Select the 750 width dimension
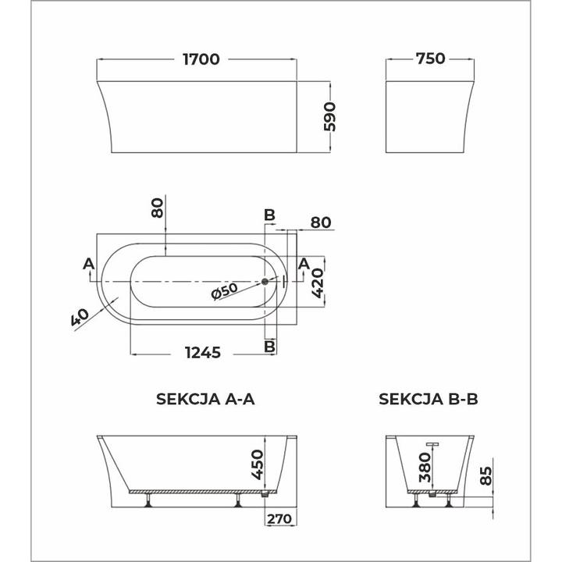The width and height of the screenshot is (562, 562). click(x=430, y=59)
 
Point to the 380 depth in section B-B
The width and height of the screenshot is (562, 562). click(x=425, y=467)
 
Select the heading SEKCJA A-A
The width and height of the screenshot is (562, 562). click(x=206, y=399)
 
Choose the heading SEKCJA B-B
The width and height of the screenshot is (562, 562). click(x=428, y=399)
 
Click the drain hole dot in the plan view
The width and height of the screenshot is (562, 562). click(x=265, y=280)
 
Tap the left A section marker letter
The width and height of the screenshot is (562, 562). click(x=88, y=262)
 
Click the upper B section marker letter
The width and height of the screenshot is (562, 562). click(x=269, y=215)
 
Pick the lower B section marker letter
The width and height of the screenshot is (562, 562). click(x=269, y=345)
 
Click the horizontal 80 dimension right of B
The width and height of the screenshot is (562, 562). click(x=322, y=222)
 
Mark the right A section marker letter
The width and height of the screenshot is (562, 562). click(x=304, y=262)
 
